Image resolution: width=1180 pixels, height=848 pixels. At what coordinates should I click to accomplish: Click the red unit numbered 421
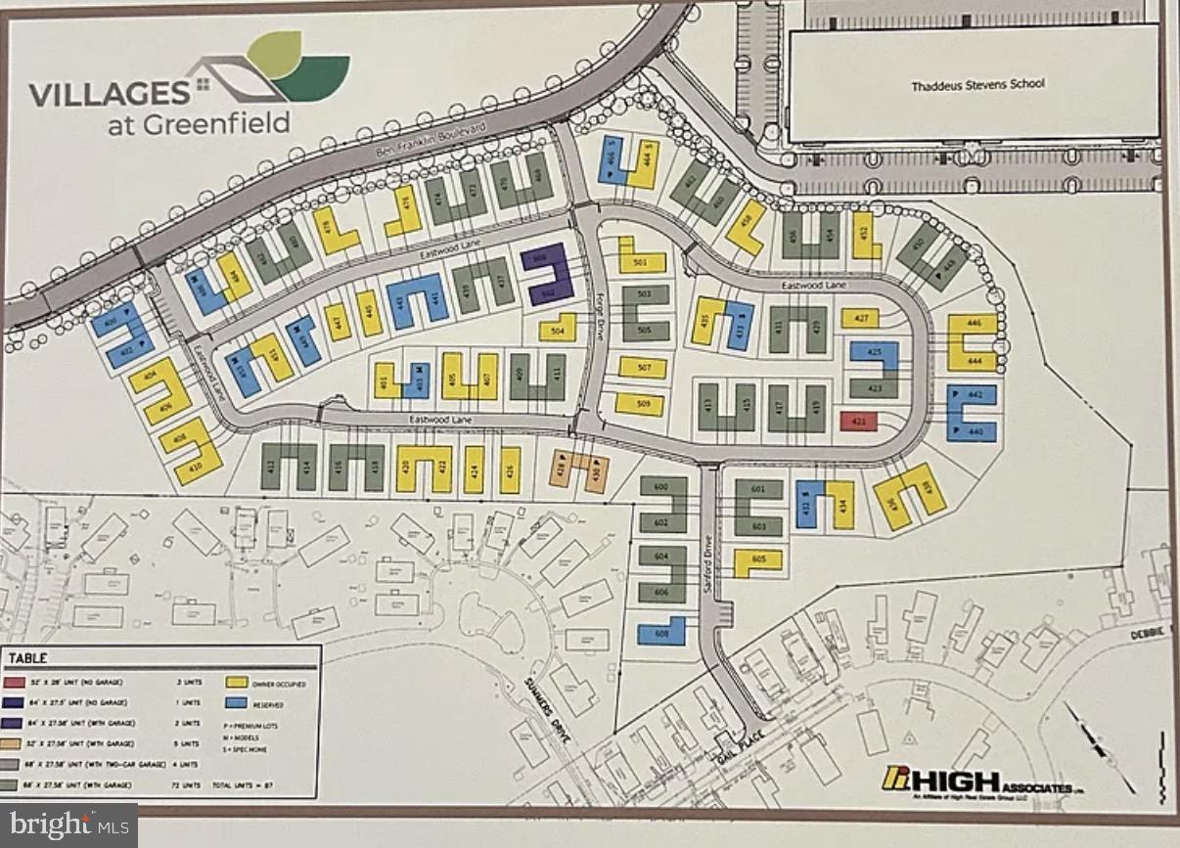(858, 422)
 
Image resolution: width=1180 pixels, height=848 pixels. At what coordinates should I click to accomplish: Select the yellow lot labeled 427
(860, 318)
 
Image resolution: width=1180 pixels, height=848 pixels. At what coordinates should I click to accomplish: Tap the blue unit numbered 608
(660, 633)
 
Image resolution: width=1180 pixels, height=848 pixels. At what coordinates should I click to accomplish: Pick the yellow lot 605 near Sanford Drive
(758, 559)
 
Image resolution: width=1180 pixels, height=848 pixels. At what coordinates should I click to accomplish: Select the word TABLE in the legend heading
(29, 658)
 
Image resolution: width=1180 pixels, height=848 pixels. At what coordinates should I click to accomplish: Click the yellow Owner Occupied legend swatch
(236, 684)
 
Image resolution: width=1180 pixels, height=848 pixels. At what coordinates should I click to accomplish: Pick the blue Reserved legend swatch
(236, 703)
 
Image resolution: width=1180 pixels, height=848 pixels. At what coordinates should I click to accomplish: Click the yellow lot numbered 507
(642, 368)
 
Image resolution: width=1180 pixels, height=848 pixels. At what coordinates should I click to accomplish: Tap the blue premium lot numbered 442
(972, 394)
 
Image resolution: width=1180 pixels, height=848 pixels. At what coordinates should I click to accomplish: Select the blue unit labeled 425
(874, 352)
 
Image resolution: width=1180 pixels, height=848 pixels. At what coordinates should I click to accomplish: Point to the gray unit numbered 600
(660, 486)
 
